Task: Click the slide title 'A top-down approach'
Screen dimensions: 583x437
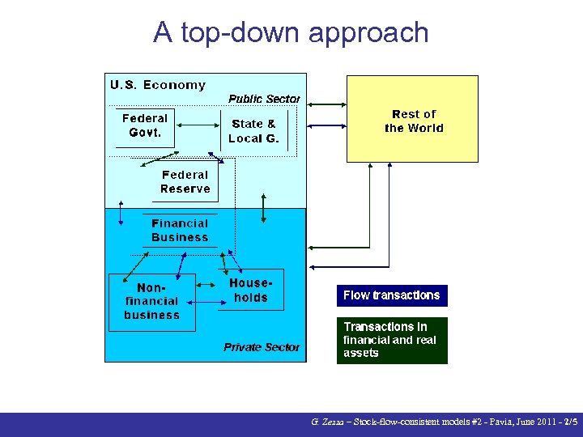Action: click(291, 32)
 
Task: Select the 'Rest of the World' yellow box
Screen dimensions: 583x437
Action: click(413, 120)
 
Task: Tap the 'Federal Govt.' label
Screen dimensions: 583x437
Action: click(145, 125)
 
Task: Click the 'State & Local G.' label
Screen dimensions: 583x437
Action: click(253, 130)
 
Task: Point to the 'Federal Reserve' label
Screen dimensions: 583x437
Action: click(185, 182)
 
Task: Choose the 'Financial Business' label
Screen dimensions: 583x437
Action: click(180, 231)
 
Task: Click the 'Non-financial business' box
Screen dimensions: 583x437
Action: click(151, 302)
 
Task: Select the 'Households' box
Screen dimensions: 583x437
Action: click(251, 291)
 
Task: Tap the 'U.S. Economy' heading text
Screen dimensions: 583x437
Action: click(158, 85)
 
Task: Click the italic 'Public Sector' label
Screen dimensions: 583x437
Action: click(264, 99)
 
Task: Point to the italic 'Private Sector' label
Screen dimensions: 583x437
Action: click(262, 347)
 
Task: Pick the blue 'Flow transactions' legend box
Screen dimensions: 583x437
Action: click(391, 295)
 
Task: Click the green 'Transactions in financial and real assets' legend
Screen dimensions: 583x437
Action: click(391, 340)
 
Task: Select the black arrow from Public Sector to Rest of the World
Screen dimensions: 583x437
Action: click(327, 104)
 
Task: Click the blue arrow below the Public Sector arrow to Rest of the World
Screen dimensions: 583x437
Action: click(327, 125)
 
